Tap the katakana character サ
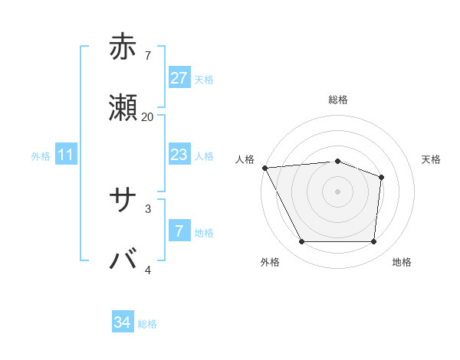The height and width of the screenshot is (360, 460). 123,200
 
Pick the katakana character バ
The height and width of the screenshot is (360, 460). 123,260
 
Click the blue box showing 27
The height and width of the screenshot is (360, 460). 179,77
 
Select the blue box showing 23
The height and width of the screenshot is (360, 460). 179,155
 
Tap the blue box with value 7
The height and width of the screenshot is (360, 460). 179,231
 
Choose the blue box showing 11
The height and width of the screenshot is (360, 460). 66,155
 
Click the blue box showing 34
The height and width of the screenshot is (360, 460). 123,322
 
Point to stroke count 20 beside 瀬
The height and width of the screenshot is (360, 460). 147,116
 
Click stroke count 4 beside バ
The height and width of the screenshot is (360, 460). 148,270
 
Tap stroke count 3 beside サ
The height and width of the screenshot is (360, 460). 148,208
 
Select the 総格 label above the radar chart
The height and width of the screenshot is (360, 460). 338,100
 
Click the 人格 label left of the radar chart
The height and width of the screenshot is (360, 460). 245,159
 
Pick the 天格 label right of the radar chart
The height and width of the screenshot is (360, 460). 431,159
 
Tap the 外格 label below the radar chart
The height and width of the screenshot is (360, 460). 269,262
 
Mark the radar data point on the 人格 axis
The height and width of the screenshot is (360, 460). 264,168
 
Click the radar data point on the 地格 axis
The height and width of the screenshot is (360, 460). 373,242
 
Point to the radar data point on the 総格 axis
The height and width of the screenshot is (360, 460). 337,161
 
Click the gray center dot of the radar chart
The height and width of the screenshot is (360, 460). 337,191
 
